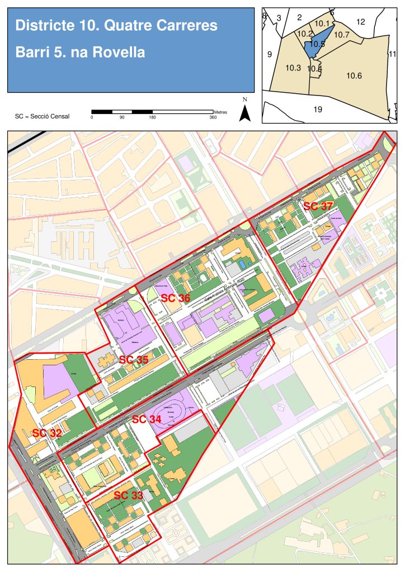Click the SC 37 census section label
click(x=318, y=206)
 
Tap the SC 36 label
click(x=176, y=298)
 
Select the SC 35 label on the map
click(x=134, y=360)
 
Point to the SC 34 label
click(x=147, y=419)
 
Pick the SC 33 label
click(x=129, y=495)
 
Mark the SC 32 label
click(x=47, y=433)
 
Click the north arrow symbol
click(x=244, y=112)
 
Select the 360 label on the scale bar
click(x=213, y=117)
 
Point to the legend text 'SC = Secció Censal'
click(x=43, y=116)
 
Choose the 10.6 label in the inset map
click(x=354, y=75)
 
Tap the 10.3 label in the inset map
click(x=293, y=68)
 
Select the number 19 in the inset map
click(x=318, y=109)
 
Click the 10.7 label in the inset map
click(x=341, y=35)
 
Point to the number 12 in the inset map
click(x=360, y=22)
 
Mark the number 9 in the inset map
click(x=269, y=54)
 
